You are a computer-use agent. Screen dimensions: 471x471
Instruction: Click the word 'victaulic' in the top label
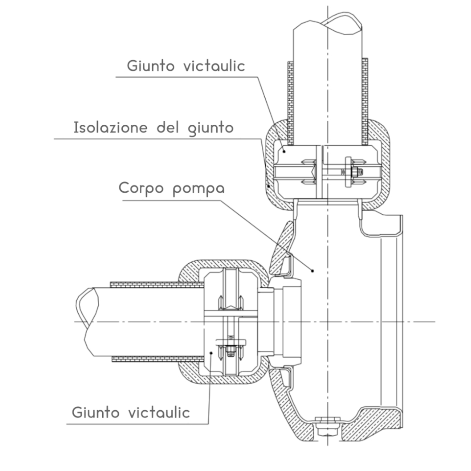tap(214, 66)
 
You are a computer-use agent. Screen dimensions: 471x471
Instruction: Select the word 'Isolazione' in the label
tap(111, 127)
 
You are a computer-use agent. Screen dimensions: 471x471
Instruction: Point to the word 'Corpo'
tap(142, 188)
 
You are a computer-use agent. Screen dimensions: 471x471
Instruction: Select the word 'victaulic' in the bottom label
tap(159, 413)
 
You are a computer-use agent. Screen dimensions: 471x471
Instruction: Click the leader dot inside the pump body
tap(313, 270)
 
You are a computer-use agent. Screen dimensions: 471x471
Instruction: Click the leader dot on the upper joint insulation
tap(269, 186)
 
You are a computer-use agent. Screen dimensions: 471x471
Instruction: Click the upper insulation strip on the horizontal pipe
tap(155, 284)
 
